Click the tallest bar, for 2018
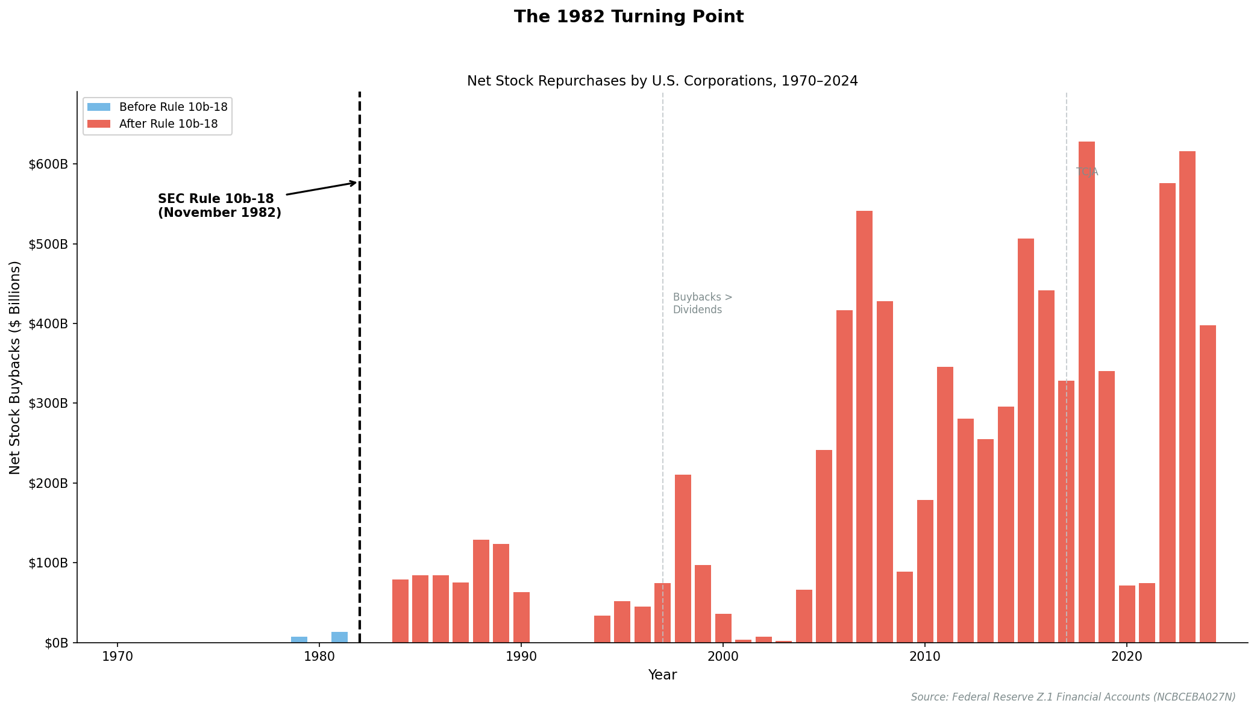[x=1086, y=392]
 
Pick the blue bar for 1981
[x=339, y=637]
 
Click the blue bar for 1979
[x=299, y=640]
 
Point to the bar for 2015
[x=1026, y=440]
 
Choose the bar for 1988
[x=481, y=591]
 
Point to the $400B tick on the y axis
[x=48, y=323]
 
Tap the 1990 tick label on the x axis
[x=521, y=657]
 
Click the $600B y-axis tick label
[x=48, y=164]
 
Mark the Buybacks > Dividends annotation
[x=702, y=304]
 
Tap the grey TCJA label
[x=1087, y=172]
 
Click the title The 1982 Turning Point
[x=628, y=17]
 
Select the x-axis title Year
[x=662, y=675]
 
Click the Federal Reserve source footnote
[x=1073, y=697]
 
